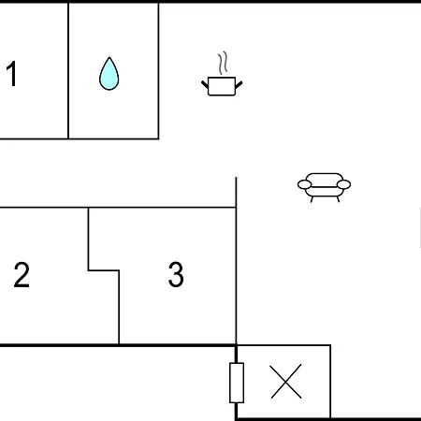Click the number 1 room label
click(12, 74)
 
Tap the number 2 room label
click(22, 275)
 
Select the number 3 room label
click(176, 274)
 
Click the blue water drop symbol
click(109, 74)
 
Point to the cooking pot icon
click(222, 74)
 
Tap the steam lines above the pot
click(223, 63)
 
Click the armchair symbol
click(324, 187)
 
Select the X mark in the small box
click(286, 381)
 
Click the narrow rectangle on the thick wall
click(237, 383)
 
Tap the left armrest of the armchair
click(304, 184)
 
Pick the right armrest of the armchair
click(344, 184)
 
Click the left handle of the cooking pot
click(205, 84)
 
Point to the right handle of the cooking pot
click(239, 85)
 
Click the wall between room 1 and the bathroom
click(68, 70)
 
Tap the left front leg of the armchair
click(312, 199)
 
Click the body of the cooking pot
click(222, 86)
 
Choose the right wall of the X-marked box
click(330, 382)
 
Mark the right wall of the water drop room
click(158, 70)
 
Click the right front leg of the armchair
click(338, 199)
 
